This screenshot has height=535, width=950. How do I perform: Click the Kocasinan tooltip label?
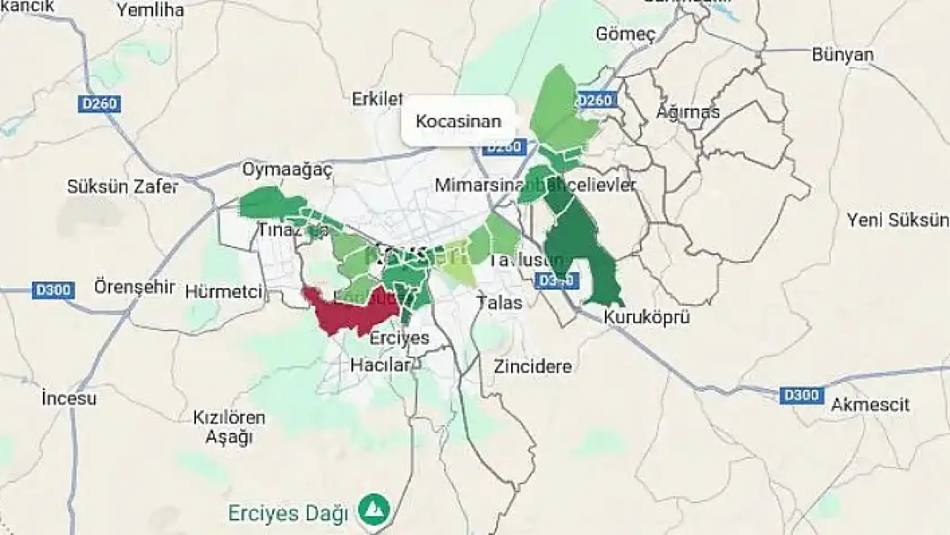click(x=458, y=121)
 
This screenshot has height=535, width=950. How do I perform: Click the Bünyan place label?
click(x=842, y=55)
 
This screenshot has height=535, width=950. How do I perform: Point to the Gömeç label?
click(x=625, y=34)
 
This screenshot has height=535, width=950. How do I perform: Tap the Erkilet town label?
click(x=377, y=99)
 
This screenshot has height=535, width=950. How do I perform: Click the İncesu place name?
click(x=69, y=398)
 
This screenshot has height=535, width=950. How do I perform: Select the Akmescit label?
click(x=870, y=405)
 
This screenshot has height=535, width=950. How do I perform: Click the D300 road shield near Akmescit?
click(x=801, y=395)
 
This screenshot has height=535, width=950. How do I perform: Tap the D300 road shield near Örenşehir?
click(x=53, y=290)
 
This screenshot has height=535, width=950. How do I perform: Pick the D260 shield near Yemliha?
click(x=99, y=104)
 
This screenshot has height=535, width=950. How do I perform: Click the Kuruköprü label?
click(x=646, y=317)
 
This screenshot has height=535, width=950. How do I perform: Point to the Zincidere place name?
click(x=532, y=367)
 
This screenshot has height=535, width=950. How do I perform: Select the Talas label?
click(x=499, y=303)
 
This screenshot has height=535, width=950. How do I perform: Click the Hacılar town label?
click(x=379, y=365)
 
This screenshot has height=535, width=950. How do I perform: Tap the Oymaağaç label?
click(x=287, y=169)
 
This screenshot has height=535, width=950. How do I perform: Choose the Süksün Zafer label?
click(x=123, y=187)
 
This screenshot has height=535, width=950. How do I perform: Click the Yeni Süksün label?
click(x=897, y=220)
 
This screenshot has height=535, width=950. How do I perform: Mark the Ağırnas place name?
click(x=687, y=112)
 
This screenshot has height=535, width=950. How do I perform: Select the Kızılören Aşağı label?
click(x=229, y=427)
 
